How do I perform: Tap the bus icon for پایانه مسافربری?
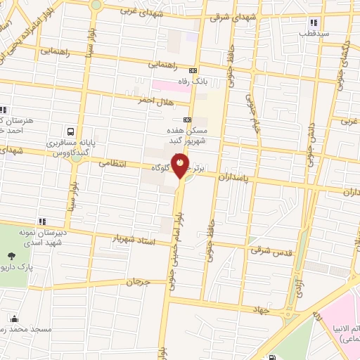click(x=70, y=131)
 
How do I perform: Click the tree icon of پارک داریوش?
click(x=11, y=257)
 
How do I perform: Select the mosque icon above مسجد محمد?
click(x=11, y=317)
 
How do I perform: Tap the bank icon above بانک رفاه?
click(x=193, y=70)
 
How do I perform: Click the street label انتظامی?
click(x=112, y=163)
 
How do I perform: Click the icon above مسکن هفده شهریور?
click(x=187, y=120)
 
